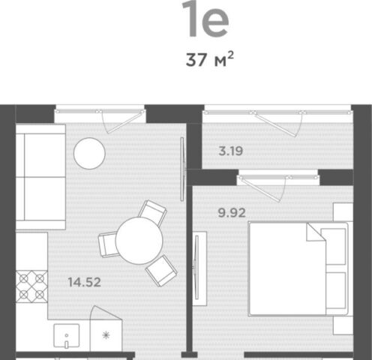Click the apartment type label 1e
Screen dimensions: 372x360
click(x=205, y=19)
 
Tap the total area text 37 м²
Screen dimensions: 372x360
click(x=210, y=59)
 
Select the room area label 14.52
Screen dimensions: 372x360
click(x=85, y=282)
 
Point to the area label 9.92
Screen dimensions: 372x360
click(x=232, y=213)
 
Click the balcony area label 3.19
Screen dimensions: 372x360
click(x=230, y=151)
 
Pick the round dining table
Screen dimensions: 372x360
click(x=139, y=241)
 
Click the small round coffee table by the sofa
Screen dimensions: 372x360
click(x=89, y=153)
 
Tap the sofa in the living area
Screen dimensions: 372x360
click(x=40, y=177)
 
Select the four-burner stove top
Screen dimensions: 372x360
click(x=31, y=286)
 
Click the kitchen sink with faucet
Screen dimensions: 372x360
click(x=67, y=336)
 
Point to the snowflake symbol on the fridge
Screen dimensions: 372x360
click(x=106, y=335)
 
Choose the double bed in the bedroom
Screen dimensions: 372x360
click(x=298, y=268)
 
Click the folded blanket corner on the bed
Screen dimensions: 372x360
click(x=316, y=232)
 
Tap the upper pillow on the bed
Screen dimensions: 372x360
click(x=333, y=247)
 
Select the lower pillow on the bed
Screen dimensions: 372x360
click(x=336, y=291)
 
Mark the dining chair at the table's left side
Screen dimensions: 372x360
click(x=107, y=244)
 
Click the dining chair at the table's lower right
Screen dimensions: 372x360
click(x=161, y=271)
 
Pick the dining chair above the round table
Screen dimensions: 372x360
click(x=153, y=212)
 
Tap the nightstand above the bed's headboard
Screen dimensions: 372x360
click(x=343, y=212)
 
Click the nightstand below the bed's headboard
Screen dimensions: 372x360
click(x=343, y=325)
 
